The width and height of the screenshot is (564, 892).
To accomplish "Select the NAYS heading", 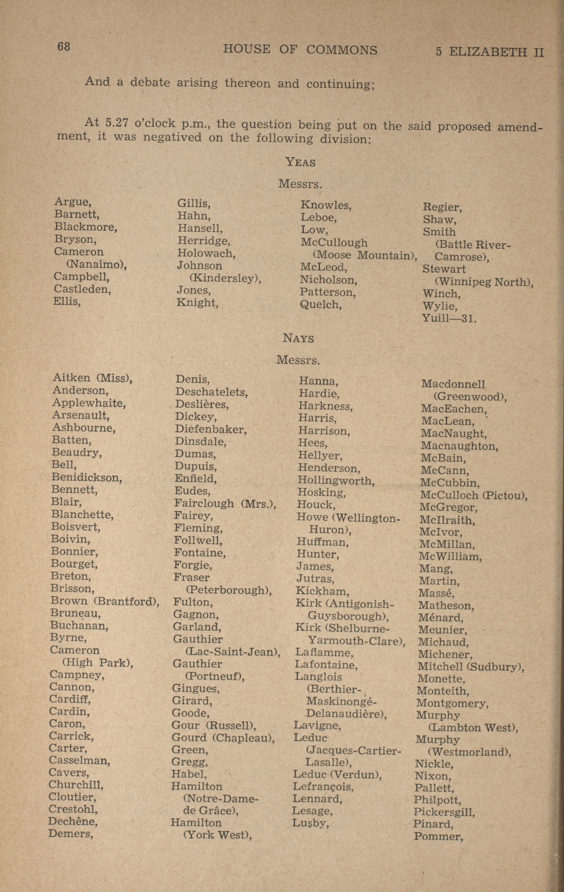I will [298, 338].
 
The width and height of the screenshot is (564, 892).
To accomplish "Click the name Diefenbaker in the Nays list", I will [211, 429].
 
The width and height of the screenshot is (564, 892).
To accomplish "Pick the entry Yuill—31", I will [449, 318].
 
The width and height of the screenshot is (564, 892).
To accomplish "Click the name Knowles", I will [326, 205].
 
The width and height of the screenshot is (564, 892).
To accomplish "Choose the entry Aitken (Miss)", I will [92, 378].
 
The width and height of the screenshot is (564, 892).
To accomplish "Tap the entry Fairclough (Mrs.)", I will [225, 504].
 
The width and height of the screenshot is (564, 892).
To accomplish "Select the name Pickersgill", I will [444, 812].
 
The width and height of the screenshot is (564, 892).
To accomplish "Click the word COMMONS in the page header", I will [341, 50].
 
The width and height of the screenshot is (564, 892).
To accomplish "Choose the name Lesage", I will [312, 811].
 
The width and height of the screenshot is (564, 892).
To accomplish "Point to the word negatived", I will [173, 138].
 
